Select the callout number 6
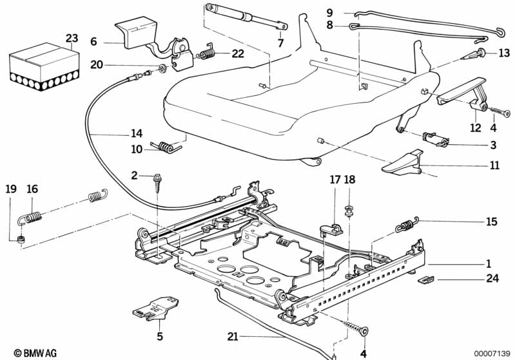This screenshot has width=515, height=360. [x=93, y=41]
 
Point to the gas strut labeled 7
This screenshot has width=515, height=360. [x=245, y=17]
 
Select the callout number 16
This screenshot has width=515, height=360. [x=32, y=189]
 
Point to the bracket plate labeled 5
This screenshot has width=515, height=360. [x=154, y=306]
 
